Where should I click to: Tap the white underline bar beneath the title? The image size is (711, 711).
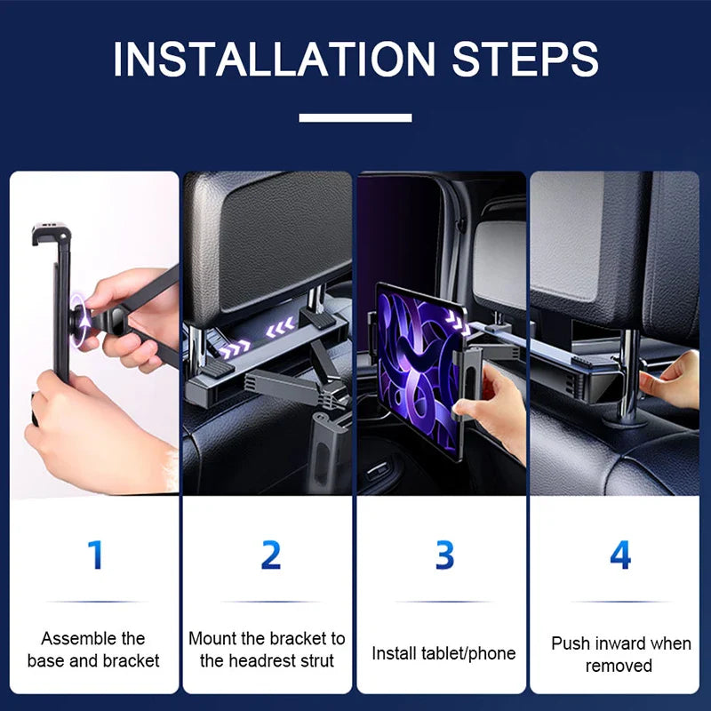click(x=355, y=117)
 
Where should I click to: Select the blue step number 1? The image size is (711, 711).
click(x=95, y=555)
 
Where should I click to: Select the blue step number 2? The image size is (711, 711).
click(x=270, y=555)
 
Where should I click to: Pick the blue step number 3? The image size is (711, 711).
click(x=444, y=555)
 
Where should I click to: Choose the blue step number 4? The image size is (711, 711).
click(x=619, y=555)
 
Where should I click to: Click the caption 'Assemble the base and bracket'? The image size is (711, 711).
click(x=93, y=650)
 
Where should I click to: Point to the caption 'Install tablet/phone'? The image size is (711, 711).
click(x=443, y=654)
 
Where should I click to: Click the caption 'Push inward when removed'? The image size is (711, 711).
click(x=619, y=654)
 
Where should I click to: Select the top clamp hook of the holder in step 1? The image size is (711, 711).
click(x=51, y=236)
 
